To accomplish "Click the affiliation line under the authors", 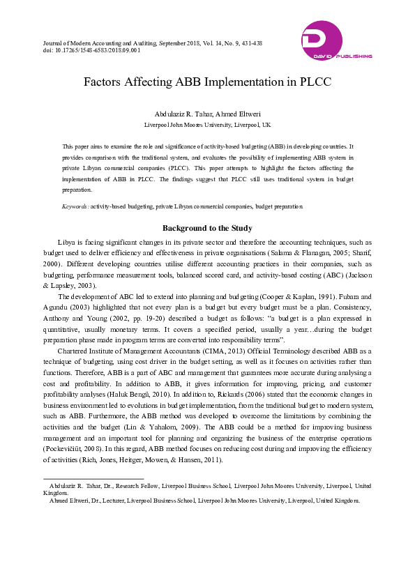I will click(x=207, y=125).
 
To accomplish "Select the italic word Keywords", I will click(x=75, y=207).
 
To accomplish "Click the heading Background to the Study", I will click(x=207, y=228).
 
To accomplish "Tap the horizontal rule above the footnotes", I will click(x=93, y=479).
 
